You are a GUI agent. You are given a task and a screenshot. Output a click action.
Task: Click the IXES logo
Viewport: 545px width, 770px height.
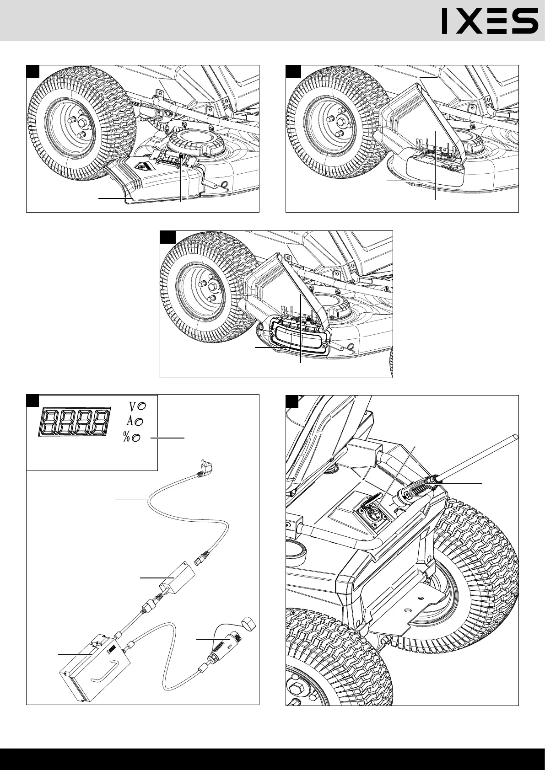490,22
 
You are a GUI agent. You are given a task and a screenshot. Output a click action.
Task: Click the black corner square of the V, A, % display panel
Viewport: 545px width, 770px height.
32,401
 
